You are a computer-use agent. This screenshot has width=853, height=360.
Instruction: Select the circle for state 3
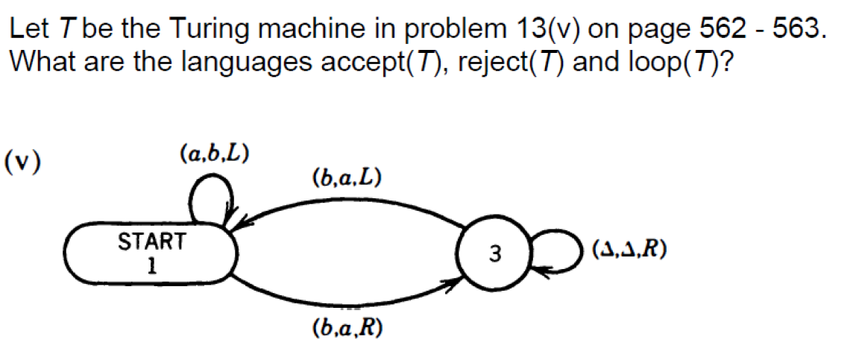493,254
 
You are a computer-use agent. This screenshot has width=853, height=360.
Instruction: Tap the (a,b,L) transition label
214,154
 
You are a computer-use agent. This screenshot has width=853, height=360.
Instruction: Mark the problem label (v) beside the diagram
23,162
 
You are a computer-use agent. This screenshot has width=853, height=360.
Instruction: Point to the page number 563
802,29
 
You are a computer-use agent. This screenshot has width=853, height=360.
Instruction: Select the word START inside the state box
151,242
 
